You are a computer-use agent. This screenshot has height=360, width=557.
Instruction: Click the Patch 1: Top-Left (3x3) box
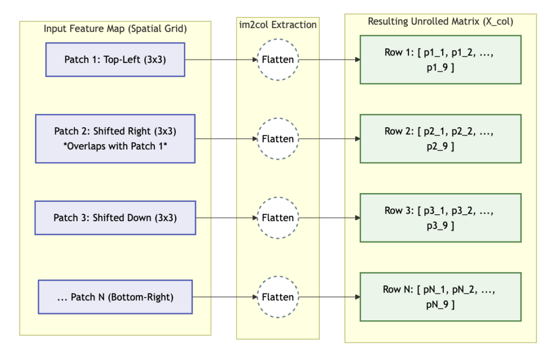[115, 60]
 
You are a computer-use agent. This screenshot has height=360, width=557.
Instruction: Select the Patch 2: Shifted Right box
[115, 139]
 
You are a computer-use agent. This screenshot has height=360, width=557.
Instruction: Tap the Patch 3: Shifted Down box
[115, 218]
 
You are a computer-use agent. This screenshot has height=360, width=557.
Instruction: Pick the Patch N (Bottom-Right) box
[115, 297]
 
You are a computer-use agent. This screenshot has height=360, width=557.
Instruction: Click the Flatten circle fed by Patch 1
[278, 60]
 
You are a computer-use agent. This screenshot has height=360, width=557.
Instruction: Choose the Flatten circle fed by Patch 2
[278, 139]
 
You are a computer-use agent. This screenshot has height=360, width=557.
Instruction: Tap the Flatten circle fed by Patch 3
[278, 218]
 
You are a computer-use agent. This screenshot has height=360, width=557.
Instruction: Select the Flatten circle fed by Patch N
[278, 297]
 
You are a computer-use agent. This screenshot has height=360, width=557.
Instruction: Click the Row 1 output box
[441, 60]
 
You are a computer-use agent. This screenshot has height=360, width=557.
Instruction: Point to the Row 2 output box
[441, 139]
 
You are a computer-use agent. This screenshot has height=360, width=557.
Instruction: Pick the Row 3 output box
[441, 218]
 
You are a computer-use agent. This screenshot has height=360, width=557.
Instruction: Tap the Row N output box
[441, 297]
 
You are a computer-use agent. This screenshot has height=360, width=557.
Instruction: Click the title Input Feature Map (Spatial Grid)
[115, 29]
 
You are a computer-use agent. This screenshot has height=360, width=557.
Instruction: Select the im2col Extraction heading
[278, 25]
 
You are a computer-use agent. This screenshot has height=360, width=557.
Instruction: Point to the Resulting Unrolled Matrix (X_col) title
[441, 22]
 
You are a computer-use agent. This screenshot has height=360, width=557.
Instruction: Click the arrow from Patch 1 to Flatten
[221, 60]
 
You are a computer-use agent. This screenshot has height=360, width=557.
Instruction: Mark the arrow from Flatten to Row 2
[329, 139]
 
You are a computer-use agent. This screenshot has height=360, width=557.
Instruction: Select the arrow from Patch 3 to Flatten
[227, 218]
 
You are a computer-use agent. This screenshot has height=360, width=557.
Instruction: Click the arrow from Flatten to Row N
[329, 297]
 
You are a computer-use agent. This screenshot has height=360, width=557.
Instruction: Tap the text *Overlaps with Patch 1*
[115, 146]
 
